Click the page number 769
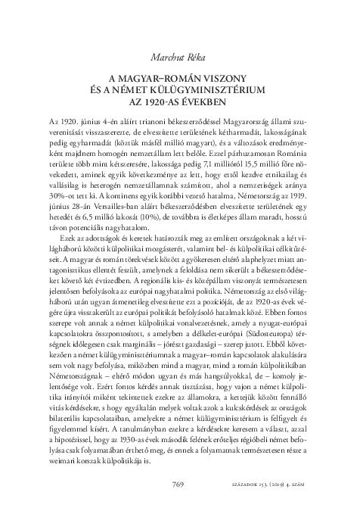(x=179, y=485)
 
